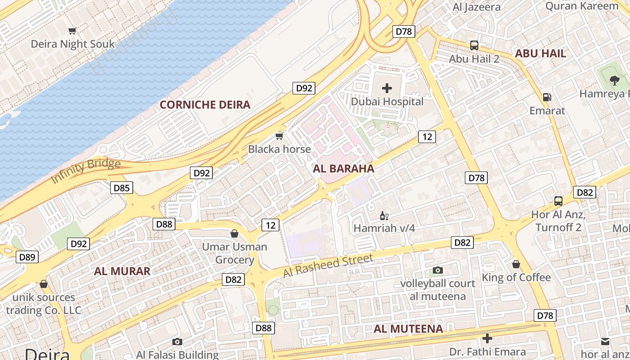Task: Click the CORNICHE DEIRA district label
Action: coord(205,105)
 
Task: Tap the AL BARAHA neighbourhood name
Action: coord(343,169)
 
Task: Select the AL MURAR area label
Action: coord(122,271)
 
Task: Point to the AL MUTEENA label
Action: coord(408,329)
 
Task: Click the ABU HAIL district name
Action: coord(540,54)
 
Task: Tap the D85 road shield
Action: coord(121,188)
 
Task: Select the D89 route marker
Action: coord(27,257)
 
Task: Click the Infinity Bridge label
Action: coord(85,171)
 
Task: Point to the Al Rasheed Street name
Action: coord(328,266)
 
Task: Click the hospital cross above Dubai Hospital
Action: coord(387,88)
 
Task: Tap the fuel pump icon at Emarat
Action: coord(547,97)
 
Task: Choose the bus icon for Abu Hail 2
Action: coord(474,45)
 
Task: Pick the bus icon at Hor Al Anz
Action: coord(558,201)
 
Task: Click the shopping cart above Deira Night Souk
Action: coord(72,31)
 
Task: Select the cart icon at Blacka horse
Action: coord(279,136)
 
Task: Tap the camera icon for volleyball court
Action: coord(437,270)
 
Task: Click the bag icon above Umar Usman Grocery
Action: coord(234,234)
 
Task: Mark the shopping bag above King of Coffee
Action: coord(516,264)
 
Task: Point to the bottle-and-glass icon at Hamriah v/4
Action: coord(384,216)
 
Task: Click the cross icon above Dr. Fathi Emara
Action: coord(487,338)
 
